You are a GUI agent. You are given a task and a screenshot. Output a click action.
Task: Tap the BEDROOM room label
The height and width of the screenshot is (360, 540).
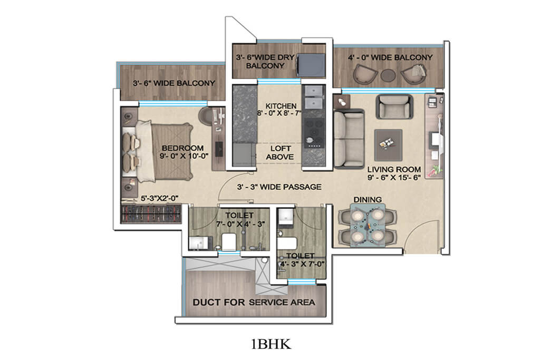(x=182, y=148)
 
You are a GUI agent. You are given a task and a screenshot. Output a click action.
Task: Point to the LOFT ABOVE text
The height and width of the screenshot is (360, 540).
(x=279, y=153)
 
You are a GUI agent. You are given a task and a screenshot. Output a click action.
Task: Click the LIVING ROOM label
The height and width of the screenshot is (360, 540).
(x=394, y=169)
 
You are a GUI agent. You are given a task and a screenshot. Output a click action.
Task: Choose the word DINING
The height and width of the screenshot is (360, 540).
(x=368, y=200)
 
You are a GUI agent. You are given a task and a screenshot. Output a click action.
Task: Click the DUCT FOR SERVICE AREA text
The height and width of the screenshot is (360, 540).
(x=254, y=302)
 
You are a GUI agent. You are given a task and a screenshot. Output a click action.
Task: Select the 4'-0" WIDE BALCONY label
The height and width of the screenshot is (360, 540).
(x=390, y=57)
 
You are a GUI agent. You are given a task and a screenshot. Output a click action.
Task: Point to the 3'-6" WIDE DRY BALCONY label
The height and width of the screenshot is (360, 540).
(x=263, y=61)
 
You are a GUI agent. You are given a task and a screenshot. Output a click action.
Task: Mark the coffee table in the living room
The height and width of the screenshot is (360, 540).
(x=388, y=141)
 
